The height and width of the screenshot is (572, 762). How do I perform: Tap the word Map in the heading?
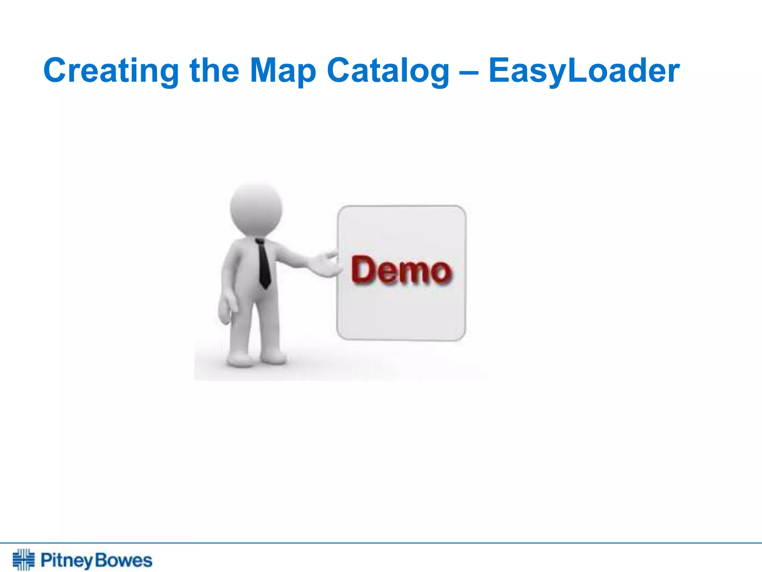pyautogui.click(x=283, y=71)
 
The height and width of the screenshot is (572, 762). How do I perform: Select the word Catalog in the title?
pyautogui.click(x=388, y=71)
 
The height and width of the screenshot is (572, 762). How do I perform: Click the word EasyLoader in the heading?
pyautogui.click(x=584, y=71)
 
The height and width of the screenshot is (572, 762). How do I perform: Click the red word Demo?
pyautogui.click(x=401, y=270)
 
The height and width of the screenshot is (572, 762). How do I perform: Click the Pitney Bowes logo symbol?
pyautogui.click(x=23, y=559)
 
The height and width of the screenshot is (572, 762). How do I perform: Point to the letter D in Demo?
pyautogui.click(x=363, y=269)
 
